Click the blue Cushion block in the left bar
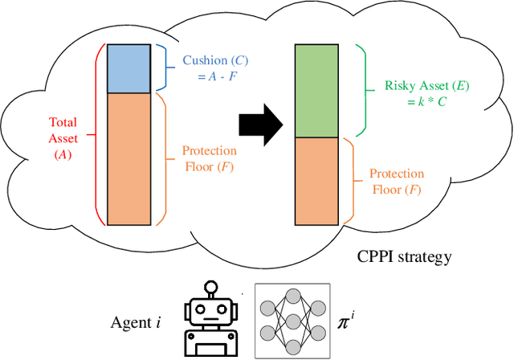click(x=129, y=69)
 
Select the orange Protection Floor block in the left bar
click(x=129, y=158)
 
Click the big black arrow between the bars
click(x=261, y=125)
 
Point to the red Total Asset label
click(x=63, y=134)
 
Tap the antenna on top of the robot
click(x=211, y=287)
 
